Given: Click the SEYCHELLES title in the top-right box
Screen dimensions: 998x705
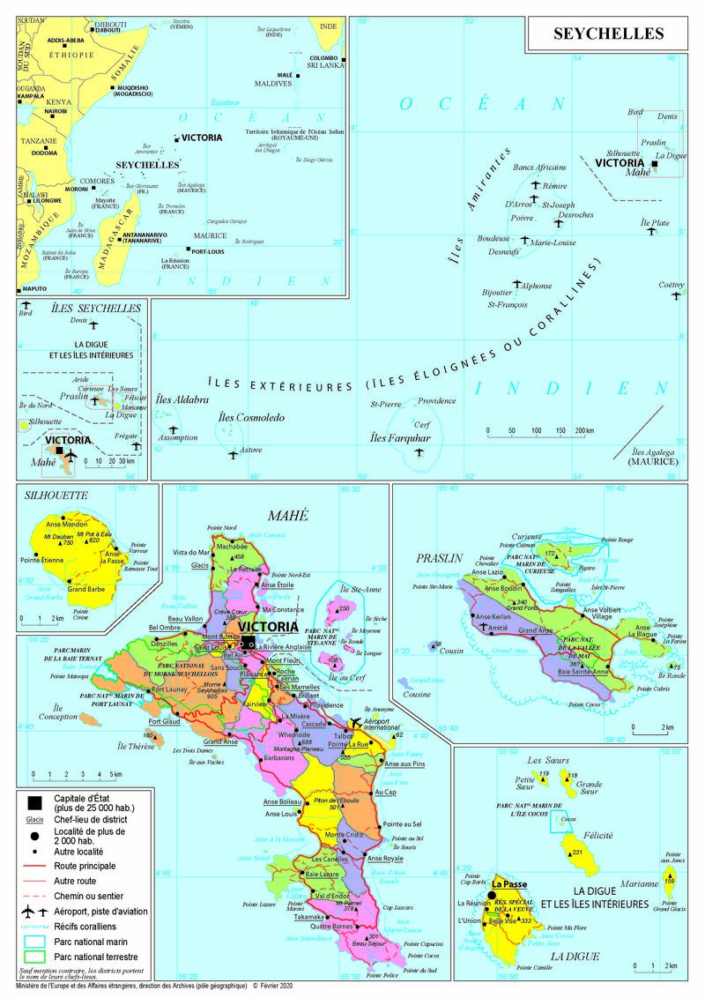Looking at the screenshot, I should pos(607,34).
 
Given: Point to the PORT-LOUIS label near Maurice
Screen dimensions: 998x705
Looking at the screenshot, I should pos(211,251).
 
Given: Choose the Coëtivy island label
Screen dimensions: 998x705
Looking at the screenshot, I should pos(672,284).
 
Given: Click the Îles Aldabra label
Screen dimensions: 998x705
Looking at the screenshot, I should pos(182,400).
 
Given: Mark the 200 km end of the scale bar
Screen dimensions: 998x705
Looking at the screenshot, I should pos(584,431).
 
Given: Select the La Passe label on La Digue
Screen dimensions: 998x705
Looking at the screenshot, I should pos(510,883).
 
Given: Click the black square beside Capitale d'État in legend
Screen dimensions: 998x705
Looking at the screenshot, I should pos(33,802).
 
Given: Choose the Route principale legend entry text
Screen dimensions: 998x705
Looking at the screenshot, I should pos(88,868).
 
